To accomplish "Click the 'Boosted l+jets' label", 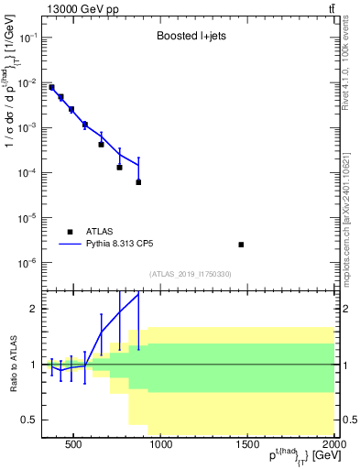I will pyautogui.click(x=189, y=38).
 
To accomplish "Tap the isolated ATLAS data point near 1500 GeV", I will pyautogui.click(x=241, y=245).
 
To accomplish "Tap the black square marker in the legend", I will pyautogui.click(x=71, y=232).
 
